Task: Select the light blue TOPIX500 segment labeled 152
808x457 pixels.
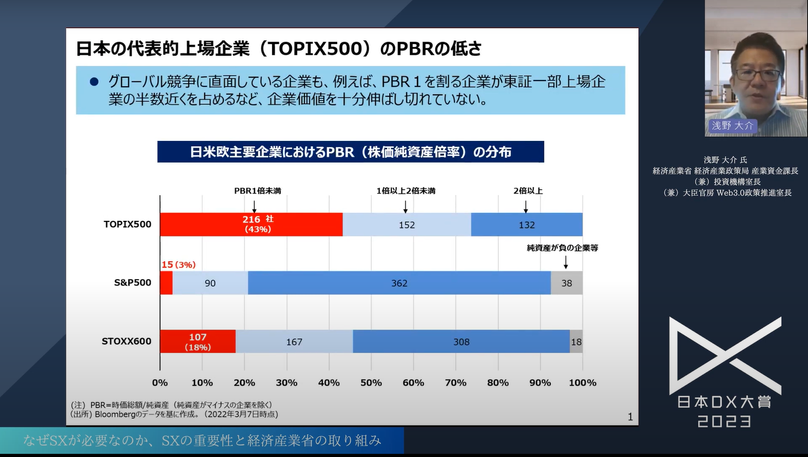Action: click(x=407, y=225)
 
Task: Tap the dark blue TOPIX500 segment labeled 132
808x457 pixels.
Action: click(x=527, y=225)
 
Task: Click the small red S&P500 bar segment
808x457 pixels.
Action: click(x=166, y=283)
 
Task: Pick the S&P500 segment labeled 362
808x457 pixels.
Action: click(x=399, y=283)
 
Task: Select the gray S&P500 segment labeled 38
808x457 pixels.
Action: click(x=567, y=283)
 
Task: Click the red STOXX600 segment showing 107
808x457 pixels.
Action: click(x=198, y=342)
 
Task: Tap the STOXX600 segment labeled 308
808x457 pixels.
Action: click(x=461, y=342)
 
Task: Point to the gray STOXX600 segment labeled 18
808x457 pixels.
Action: click(x=576, y=342)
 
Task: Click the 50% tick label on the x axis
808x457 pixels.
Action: click(x=371, y=383)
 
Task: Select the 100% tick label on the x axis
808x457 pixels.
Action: click(x=582, y=383)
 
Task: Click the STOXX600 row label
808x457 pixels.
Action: click(x=126, y=341)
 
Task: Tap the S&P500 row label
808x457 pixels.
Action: click(x=133, y=282)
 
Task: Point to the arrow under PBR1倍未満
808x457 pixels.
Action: click(x=255, y=206)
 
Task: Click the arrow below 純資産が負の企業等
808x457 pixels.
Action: click(x=565, y=262)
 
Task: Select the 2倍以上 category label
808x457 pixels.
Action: click(x=528, y=191)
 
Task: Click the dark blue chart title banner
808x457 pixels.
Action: click(x=350, y=152)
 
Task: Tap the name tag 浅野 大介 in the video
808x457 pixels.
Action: click(x=732, y=126)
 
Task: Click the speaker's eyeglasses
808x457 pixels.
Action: click(x=757, y=75)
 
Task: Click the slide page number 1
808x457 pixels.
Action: click(x=630, y=417)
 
